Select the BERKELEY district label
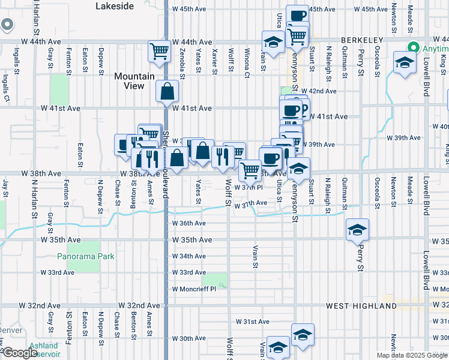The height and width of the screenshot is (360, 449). click(x=361, y=40)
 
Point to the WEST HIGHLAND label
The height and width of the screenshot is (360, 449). click(x=361, y=306)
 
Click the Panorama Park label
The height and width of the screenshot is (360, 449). click(x=86, y=256)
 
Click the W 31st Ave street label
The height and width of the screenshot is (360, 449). click(x=255, y=322)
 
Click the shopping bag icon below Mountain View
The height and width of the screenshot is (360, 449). click(x=168, y=92)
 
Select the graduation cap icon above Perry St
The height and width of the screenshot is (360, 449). click(x=357, y=229)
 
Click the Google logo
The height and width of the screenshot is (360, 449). click(x=20, y=353)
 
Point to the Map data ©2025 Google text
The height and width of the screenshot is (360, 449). click(x=412, y=355)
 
